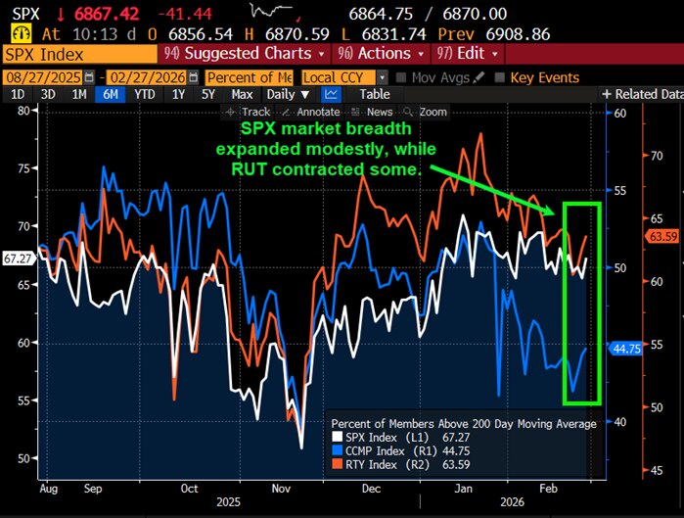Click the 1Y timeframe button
tap(178, 94)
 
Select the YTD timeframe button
tap(145, 94)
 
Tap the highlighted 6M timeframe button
tap(110, 94)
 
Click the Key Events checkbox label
tap(543, 76)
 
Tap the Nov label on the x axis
tap(281, 487)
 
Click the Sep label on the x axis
tap(94, 487)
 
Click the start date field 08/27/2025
tap(43, 76)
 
